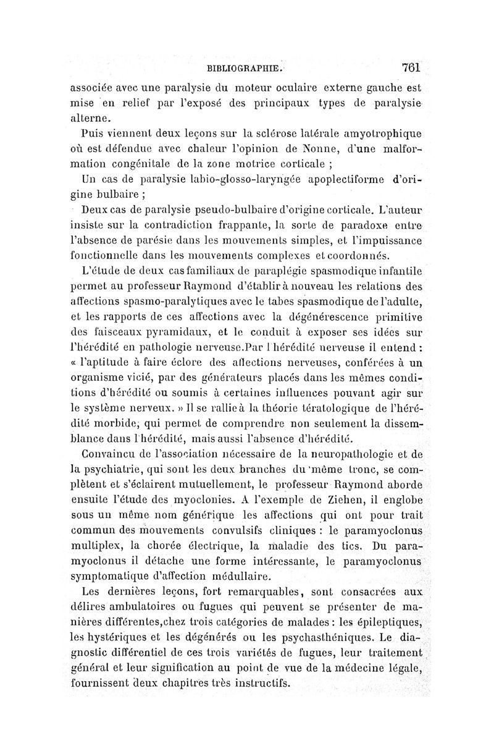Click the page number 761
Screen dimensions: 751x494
pos(410,67)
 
